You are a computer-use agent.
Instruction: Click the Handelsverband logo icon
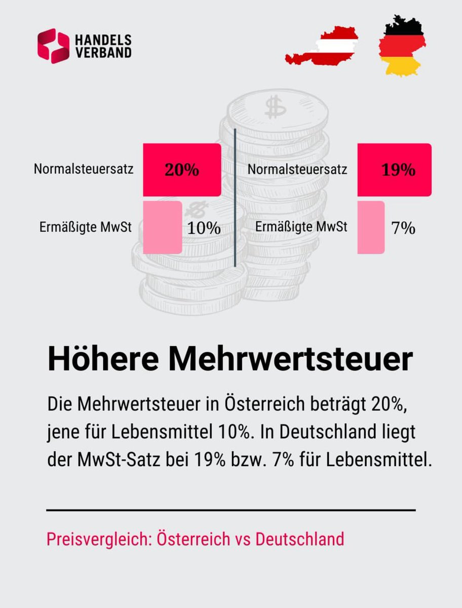point(53,46)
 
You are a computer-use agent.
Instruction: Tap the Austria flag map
point(322,47)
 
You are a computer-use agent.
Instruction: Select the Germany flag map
point(401,45)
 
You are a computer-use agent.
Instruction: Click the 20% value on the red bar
point(181,170)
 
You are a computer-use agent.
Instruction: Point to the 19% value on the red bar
point(398,170)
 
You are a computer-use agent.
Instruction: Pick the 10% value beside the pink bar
point(204,228)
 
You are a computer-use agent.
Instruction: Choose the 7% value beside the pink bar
point(403,228)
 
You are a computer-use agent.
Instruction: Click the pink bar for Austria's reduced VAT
point(162,227)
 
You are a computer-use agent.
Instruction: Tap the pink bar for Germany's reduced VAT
point(371,227)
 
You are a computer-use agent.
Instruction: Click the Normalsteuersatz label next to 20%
point(84,169)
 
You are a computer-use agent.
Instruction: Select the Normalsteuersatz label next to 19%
point(297,169)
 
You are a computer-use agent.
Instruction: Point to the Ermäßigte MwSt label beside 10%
point(86,227)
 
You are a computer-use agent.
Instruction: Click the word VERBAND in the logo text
point(103,52)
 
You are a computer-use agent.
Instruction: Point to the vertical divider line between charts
point(235,198)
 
